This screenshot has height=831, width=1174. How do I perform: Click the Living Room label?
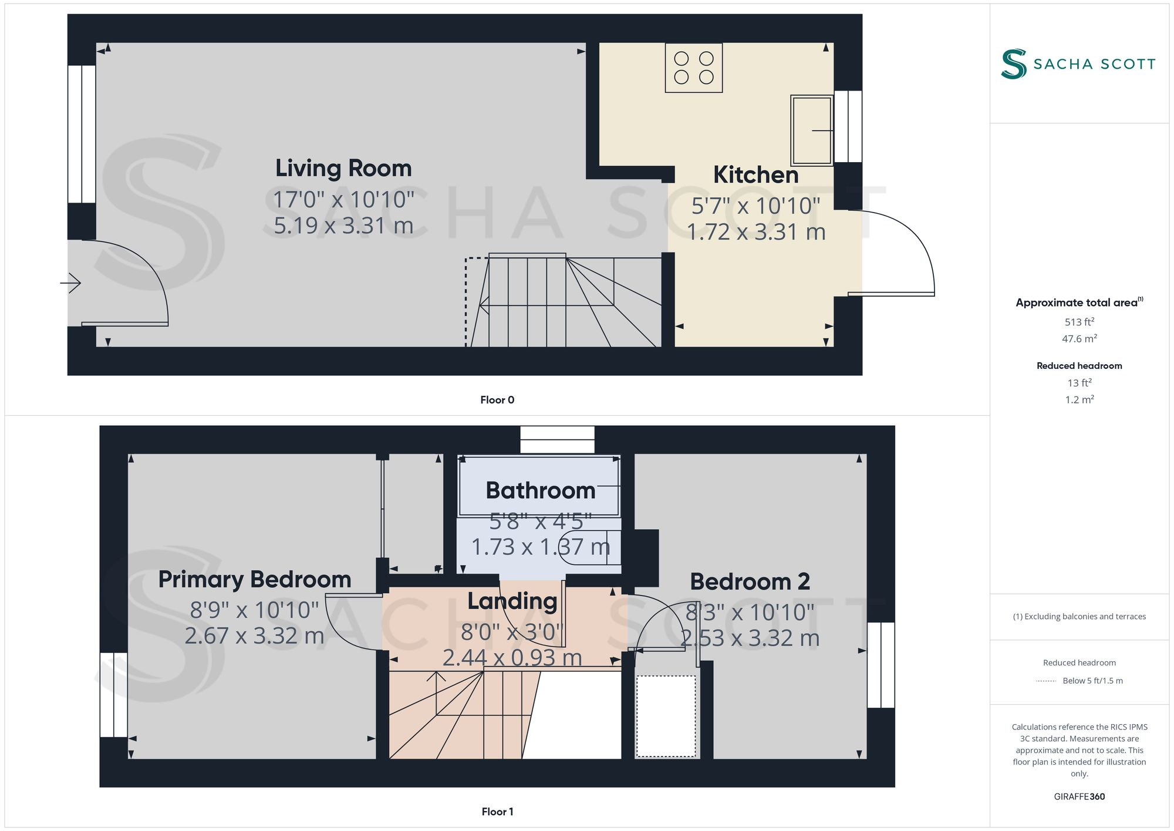click(x=343, y=169)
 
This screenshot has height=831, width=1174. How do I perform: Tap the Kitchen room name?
click(x=755, y=175)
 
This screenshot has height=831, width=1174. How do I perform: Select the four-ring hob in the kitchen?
click(x=693, y=68)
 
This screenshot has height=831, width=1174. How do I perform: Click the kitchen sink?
click(x=811, y=130)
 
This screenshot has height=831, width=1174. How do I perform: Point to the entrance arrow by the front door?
click(x=70, y=283)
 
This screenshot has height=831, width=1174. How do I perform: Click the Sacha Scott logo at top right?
click(x=1078, y=63)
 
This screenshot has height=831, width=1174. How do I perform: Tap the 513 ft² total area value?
click(x=1079, y=322)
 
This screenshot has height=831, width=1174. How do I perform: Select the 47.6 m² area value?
click(x=1079, y=339)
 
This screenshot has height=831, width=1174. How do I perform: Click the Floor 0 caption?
click(x=497, y=400)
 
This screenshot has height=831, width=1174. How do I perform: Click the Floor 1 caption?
click(x=497, y=812)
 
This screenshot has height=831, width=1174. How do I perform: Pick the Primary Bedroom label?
click(x=255, y=580)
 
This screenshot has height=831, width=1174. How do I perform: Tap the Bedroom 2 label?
click(x=750, y=582)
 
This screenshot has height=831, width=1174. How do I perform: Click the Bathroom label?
click(x=540, y=490)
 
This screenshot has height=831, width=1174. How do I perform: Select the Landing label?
click(x=512, y=601)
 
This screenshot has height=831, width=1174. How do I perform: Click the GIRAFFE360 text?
click(x=1079, y=796)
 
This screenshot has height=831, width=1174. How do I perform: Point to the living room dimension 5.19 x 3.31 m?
click(x=343, y=226)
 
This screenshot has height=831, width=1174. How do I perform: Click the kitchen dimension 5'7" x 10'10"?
click(x=755, y=206)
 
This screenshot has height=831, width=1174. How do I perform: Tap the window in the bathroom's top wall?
click(x=557, y=440)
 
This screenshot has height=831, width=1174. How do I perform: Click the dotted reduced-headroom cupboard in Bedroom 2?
click(x=666, y=716)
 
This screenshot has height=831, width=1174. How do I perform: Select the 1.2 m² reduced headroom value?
click(x=1079, y=400)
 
